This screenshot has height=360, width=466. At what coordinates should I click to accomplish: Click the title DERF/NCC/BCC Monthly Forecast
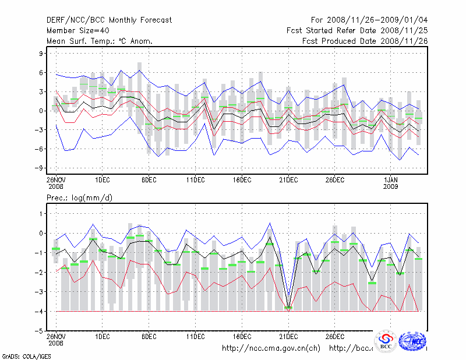[x=109, y=20]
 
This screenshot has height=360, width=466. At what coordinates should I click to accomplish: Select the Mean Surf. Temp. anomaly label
[x=100, y=41]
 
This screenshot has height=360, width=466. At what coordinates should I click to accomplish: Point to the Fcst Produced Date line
[x=365, y=41]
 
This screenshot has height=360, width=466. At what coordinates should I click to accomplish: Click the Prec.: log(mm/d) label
[x=79, y=198]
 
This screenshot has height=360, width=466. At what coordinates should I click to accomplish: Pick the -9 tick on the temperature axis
[x=40, y=168]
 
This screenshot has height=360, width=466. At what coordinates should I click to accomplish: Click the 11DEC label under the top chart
[x=196, y=178]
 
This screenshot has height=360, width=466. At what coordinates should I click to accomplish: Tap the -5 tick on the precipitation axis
[x=40, y=331]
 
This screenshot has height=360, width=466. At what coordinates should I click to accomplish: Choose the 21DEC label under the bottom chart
[x=288, y=336]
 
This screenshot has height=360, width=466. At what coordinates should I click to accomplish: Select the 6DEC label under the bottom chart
[x=149, y=336]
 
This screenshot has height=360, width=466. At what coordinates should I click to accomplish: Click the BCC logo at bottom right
[x=386, y=342]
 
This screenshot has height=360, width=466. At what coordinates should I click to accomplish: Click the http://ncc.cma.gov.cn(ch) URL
[x=271, y=348]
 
